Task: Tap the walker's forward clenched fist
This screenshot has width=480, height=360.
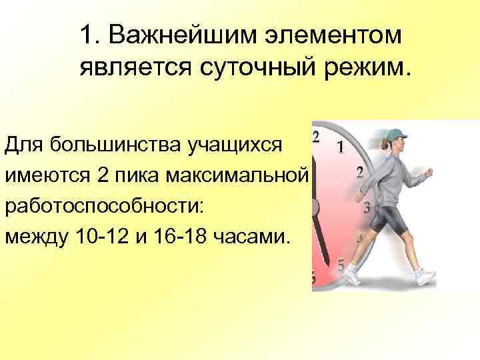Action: coord(427,174)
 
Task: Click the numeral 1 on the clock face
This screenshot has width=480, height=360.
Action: coord(341,147)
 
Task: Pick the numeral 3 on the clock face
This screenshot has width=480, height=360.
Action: coord(366,207)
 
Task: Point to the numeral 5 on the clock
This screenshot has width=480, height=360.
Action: coord(341,265)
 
